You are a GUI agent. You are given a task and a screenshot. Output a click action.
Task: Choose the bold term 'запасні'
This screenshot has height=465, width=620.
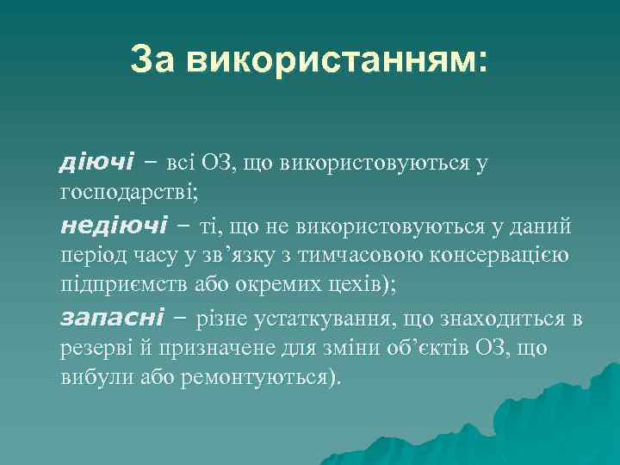click(x=112, y=318)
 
